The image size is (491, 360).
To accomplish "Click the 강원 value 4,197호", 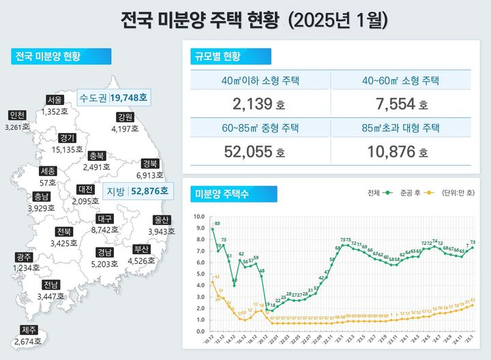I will point(125,128).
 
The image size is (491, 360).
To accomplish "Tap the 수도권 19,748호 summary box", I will point(113,97).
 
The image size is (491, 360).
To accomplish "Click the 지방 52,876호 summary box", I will point(137,191).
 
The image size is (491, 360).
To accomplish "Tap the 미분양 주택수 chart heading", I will point(222,194).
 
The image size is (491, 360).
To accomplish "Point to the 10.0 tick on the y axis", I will point(199,217).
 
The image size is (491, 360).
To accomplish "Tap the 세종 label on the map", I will point(48,171).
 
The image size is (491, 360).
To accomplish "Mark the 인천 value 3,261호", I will point(16,126).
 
